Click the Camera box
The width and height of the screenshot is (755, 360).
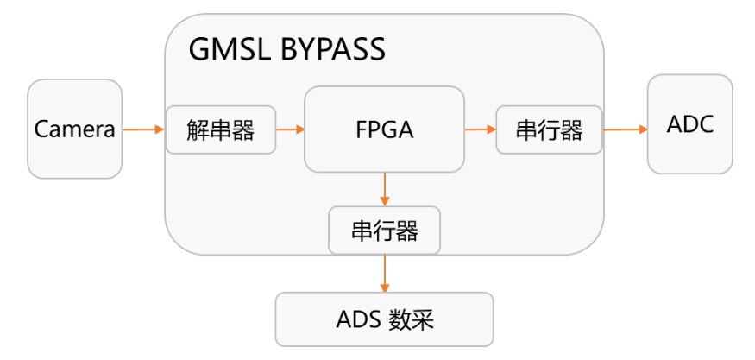74,129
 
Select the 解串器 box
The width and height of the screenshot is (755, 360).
221,129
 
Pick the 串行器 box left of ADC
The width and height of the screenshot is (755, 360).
549,129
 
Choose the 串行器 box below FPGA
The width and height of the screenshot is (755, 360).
384,231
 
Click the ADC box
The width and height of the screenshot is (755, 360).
690,124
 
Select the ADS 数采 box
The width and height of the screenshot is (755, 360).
384,319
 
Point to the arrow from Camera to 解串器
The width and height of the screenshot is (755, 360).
143,129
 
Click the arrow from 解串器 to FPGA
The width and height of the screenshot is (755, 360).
290,129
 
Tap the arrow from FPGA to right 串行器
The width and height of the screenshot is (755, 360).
480,129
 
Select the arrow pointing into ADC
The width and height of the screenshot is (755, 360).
625,129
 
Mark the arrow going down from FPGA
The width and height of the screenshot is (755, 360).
384,189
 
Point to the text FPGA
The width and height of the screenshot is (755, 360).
384,130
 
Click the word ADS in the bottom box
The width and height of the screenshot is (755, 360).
356,320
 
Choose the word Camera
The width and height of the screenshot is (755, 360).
74,130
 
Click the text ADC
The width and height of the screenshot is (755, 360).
690,124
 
